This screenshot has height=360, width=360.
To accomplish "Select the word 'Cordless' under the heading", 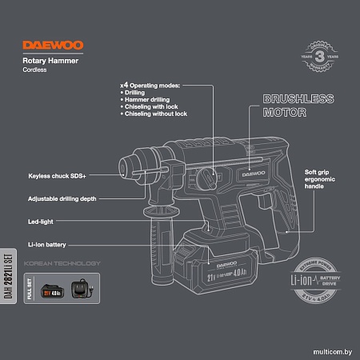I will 35,71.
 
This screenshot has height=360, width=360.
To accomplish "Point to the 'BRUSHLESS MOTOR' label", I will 297,106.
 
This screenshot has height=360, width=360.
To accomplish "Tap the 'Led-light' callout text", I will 41,221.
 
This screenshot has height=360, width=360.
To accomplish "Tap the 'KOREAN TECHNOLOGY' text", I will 62,263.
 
